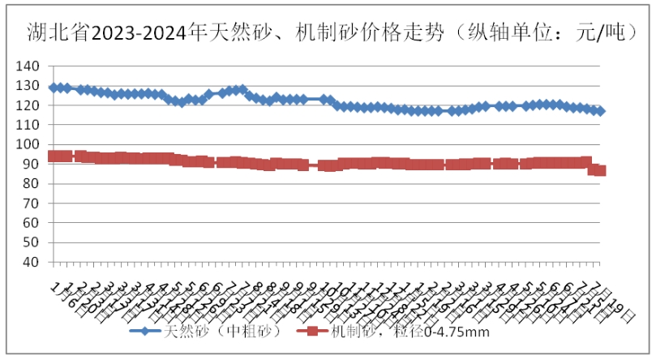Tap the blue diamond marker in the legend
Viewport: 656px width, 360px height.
click(x=144, y=331)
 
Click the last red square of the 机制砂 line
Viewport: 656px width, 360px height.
click(x=600, y=170)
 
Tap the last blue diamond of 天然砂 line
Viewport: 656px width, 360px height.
click(x=600, y=111)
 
